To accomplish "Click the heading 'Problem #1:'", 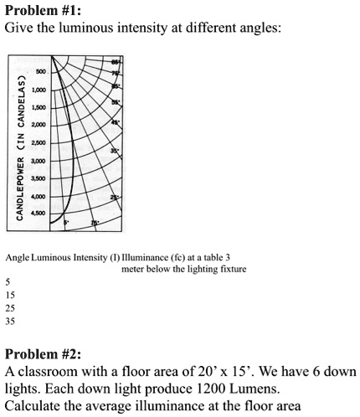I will click(x=40, y=10).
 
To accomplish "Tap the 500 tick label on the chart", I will click(x=40, y=72).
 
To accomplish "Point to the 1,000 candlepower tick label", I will click(x=38, y=90).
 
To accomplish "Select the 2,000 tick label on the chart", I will click(x=38, y=125).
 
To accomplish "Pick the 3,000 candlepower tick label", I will click(x=38, y=160).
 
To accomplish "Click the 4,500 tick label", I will click(x=38, y=212).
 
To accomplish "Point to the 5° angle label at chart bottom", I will click(x=66, y=222).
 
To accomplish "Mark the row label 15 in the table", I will click(x=9, y=294).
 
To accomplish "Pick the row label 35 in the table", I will click(x=9, y=320).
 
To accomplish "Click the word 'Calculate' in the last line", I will click(x=33, y=408).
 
